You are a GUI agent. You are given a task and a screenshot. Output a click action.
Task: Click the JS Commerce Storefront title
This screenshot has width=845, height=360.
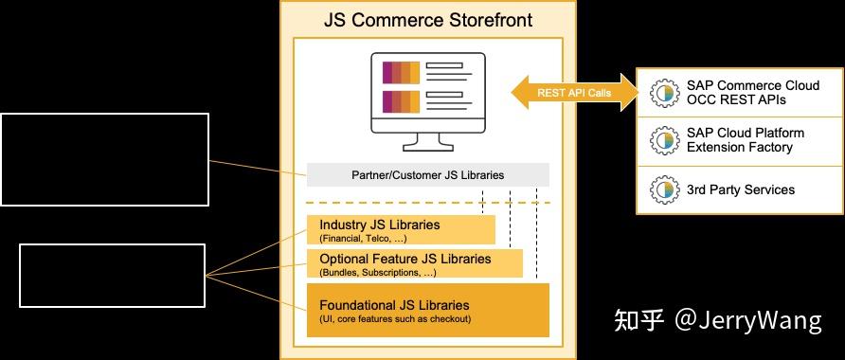(x=428, y=19)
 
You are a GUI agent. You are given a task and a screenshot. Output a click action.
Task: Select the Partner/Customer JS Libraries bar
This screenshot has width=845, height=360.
(x=428, y=175)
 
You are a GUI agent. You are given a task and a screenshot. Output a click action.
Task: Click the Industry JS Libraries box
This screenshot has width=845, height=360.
(x=400, y=229)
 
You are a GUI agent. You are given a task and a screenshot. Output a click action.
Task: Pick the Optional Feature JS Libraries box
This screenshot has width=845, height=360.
(x=414, y=263)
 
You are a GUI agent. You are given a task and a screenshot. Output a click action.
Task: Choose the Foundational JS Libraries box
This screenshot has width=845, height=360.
(x=428, y=310)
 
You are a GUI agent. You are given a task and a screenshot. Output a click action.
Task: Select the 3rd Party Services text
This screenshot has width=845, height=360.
(x=741, y=190)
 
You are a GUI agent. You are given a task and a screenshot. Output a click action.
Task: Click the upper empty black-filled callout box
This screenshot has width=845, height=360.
(x=104, y=159)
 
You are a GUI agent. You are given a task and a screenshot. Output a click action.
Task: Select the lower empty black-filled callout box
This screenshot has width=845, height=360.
(x=112, y=275)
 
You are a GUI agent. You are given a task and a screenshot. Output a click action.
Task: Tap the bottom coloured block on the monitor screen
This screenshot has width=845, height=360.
(x=401, y=101)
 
